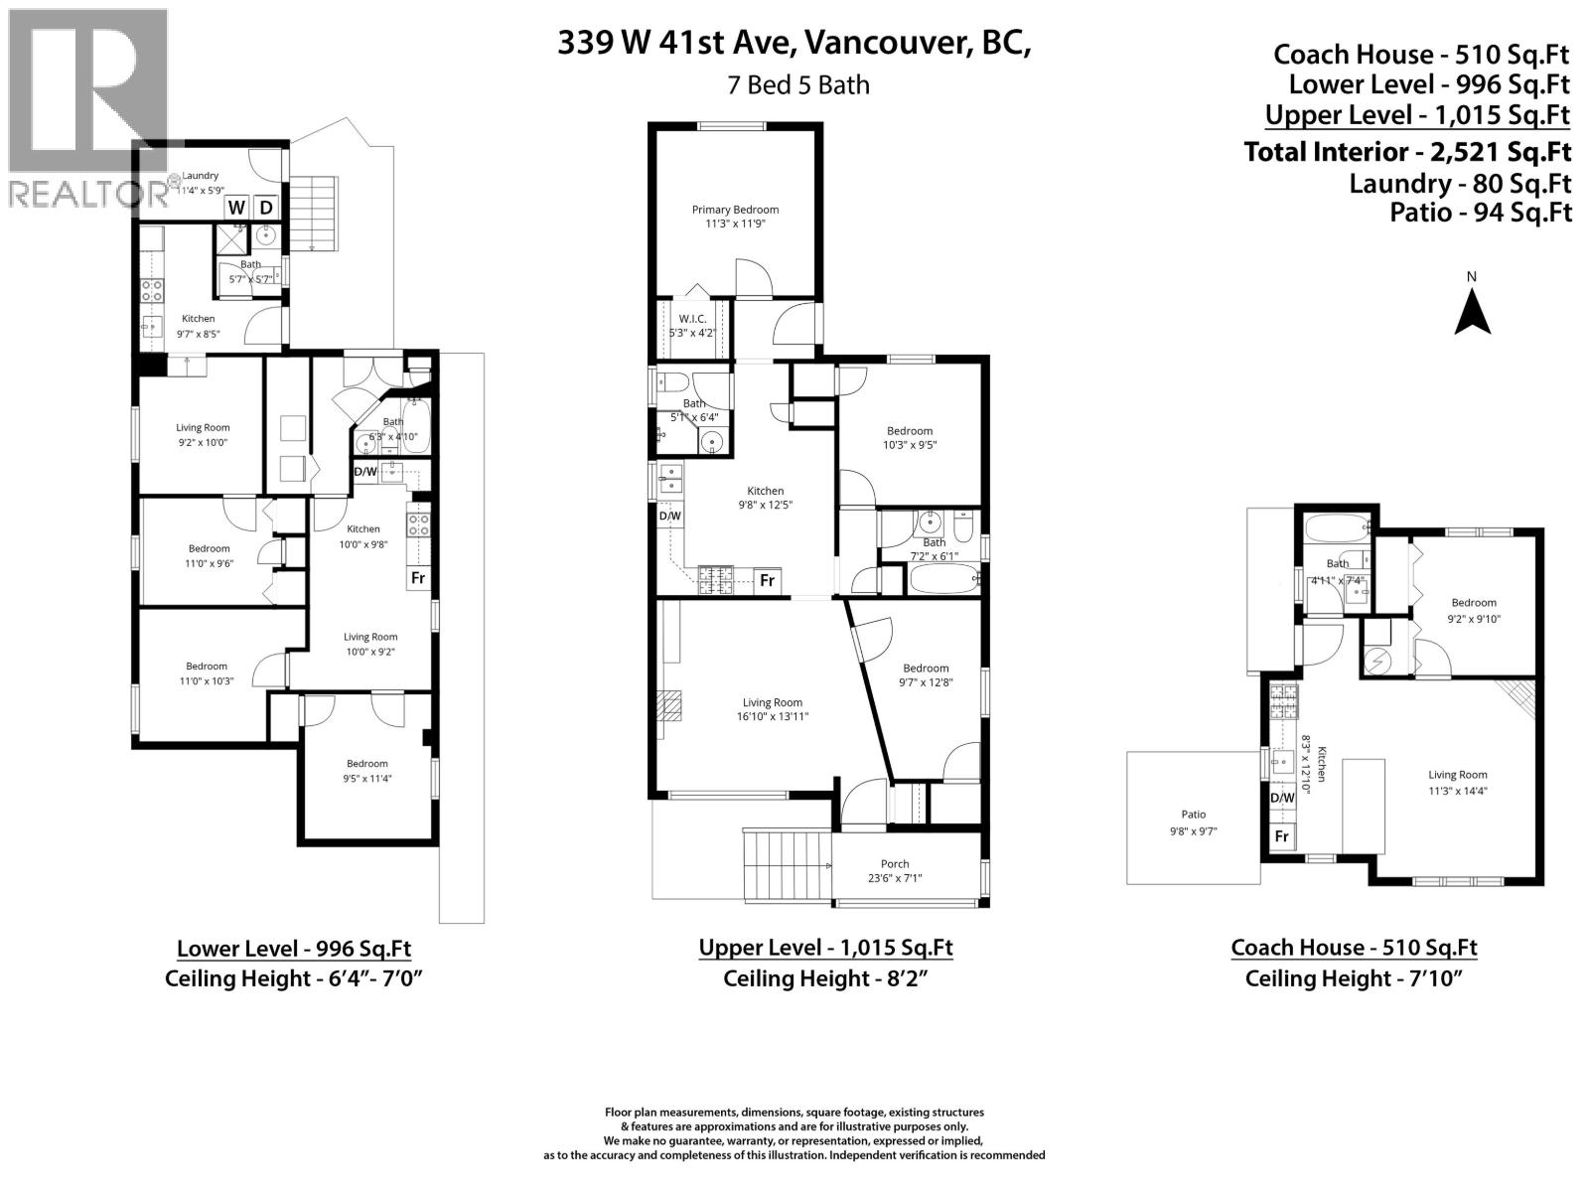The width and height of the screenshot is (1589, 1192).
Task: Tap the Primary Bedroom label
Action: click(x=735, y=210)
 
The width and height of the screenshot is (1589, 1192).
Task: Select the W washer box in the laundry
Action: click(x=236, y=208)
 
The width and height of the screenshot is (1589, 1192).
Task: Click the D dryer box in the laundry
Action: click(x=266, y=208)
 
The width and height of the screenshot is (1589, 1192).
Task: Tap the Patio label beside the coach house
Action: click(x=1193, y=815)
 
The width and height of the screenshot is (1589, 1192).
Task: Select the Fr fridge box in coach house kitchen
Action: click(x=1282, y=836)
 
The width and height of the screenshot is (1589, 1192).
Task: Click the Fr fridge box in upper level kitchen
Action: click(x=767, y=580)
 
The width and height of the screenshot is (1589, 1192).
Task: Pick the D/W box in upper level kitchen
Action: click(x=669, y=516)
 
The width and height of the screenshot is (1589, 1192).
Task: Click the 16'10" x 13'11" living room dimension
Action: click(x=770, y=716)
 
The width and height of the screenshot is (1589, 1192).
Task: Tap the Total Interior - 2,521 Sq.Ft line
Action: click(x=1407, y=152)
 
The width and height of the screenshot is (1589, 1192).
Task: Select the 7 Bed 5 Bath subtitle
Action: click(x=797, y=85)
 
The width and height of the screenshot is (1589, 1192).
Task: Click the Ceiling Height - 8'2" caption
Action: click(x=825, y=978)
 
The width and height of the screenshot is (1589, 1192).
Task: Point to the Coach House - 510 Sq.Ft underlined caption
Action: click(x=1354, y=948)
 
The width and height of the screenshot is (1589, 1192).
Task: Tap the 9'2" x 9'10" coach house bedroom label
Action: click(x=1473, y=618)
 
